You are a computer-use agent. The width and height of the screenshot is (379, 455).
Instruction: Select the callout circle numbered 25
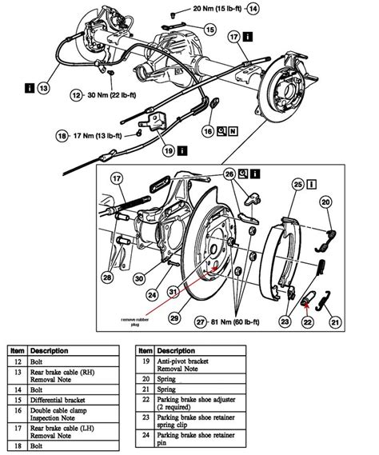(298, 185)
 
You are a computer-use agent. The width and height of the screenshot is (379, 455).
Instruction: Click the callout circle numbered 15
(209, 30)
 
